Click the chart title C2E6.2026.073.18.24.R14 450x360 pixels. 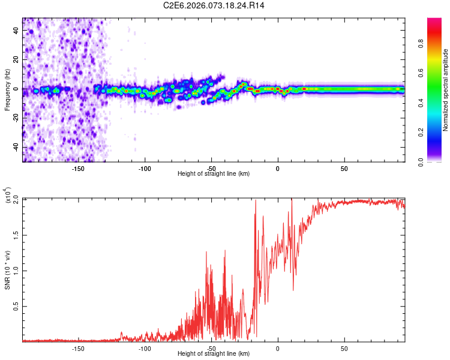(214, 5)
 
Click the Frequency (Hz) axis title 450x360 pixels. (7, 90)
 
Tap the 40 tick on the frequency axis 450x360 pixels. (16, 31)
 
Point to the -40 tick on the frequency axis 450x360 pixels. (16, 147)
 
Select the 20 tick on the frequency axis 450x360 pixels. (16, 60)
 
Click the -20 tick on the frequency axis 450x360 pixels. (16, 118)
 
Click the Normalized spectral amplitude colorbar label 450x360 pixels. (446, 90)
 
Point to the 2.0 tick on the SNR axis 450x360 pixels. (16, 198)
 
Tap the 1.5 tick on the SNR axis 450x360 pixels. (16, 234)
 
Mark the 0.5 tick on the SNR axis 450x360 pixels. (16, 306)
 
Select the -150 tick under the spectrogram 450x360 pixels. (77, 169)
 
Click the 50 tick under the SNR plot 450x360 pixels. (344, 348)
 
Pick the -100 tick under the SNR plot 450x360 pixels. (144, 348)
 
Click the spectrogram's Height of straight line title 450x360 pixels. (214, 174)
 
